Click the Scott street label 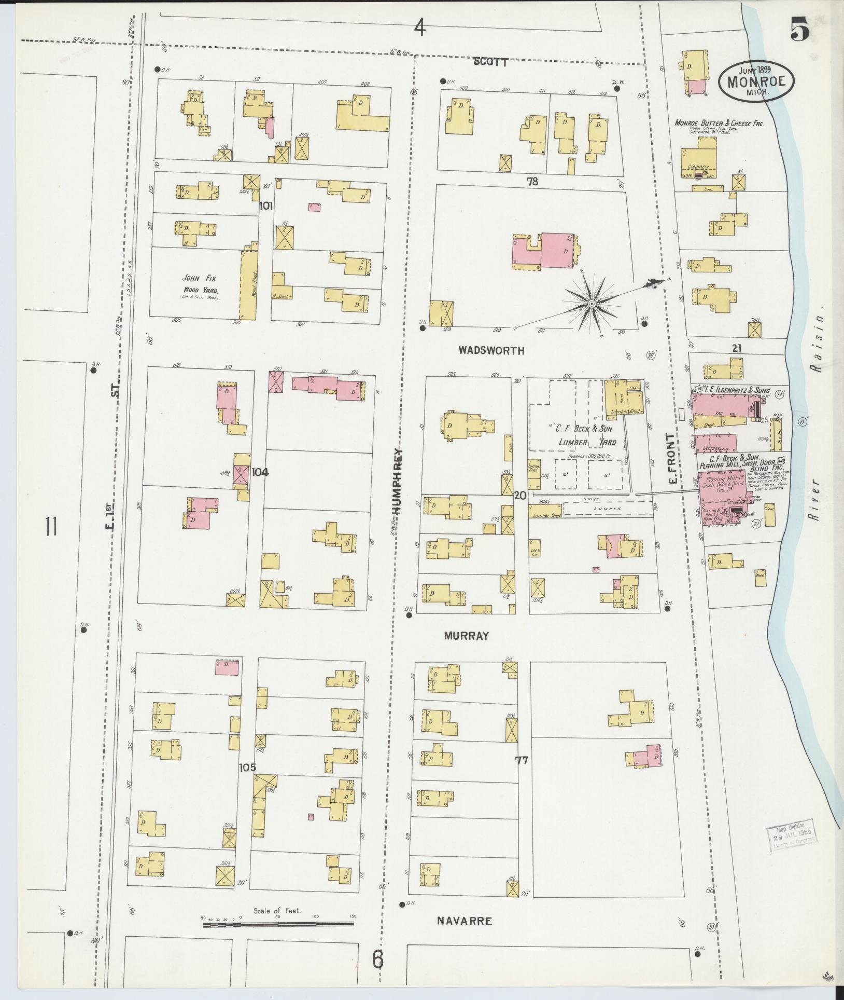click(490, 62)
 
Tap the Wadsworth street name click(491, 351)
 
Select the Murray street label click(467, 636)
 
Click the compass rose click(591, 303)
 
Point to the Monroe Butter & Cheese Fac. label click(719, 123)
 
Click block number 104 click(261, 473)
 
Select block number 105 click(248, 768)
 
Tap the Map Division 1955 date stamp click(791, 838)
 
